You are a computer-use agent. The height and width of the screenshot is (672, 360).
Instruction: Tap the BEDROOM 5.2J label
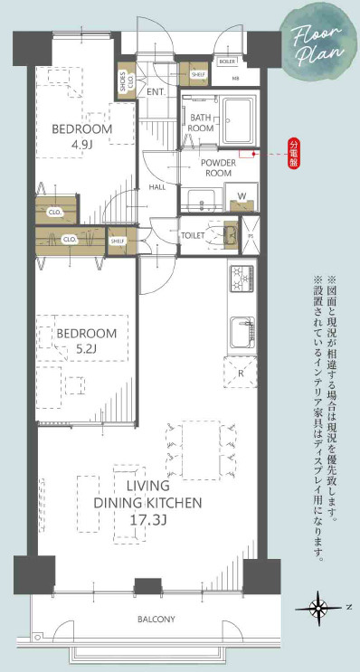pyautogui.click(x=87, y=341)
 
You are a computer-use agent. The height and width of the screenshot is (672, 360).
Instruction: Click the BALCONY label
pyautogui.click(x=156, y=620)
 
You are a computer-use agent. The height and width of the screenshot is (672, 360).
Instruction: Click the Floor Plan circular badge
pyautogui.click(x=317, y=42)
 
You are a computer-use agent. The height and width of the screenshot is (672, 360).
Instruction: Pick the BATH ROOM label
pyautogui.click(x=200, y=123)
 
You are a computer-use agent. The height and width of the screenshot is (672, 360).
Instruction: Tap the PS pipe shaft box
pyautogui.click(x=252, y=233)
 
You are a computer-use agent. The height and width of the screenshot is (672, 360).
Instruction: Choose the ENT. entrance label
pyautogui.click(x=155, y=91)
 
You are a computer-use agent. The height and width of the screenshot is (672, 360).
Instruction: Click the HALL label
pyautogui.click(x=156, y=187)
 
